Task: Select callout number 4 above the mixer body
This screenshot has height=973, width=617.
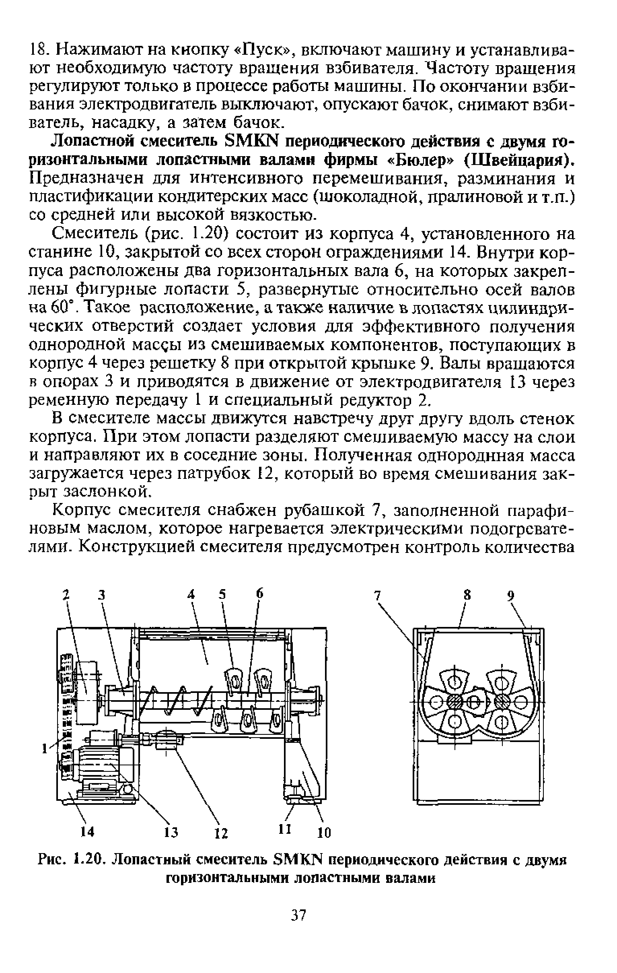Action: click(191, 594)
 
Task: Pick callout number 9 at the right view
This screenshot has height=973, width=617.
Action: click(511, 595)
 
